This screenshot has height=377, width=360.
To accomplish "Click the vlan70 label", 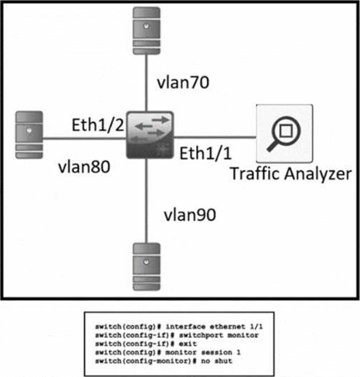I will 183,83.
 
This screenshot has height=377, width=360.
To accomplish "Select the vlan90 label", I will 189,215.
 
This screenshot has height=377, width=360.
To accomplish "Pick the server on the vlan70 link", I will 146,29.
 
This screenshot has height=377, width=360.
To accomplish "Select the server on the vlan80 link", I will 29,135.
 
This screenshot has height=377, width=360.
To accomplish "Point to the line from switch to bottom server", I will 146,199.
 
